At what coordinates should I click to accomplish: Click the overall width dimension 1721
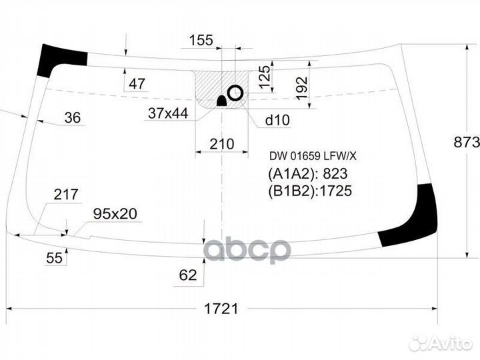pos(221,309)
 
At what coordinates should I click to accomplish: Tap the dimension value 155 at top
pos(201,40)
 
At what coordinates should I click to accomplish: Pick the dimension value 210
pos(221,144)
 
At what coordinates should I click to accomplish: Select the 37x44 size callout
pos(168,114)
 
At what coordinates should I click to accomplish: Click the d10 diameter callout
pos(277,120)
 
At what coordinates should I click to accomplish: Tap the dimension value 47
pos(137,84)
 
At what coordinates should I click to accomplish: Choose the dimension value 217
pos(66,195)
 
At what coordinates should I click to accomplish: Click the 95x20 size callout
pos(115,214)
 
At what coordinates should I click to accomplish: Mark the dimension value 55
pos(55,258)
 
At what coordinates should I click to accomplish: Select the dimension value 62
pos(189,274)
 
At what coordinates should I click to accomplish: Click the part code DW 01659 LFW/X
pos(313,157)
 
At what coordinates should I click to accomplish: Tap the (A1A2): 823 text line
pos(307,174)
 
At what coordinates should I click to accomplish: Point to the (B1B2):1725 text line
pos(309,191)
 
